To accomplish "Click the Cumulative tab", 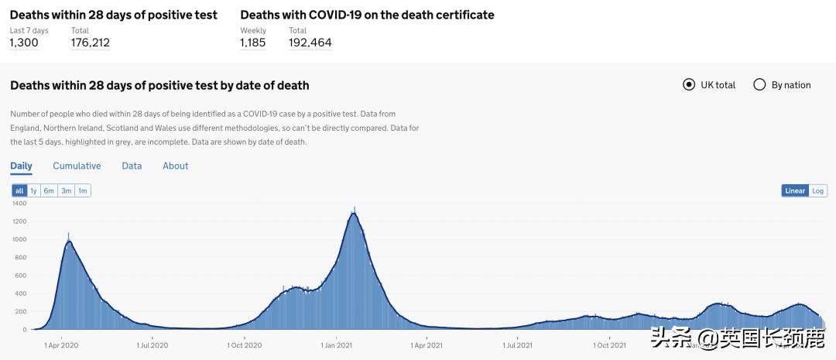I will pos(77,166).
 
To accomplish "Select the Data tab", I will pos(132,166).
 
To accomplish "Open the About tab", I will pos(175,166).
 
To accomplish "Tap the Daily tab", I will pos(21,166).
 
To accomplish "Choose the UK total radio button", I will pos(689,84).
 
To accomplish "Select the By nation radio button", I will pos(759,84).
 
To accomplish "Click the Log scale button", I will pos(818,190).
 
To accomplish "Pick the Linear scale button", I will pos(795,190).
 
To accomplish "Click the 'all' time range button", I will pos(19,190).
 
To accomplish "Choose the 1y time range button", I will pos(34,190).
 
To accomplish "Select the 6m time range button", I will pos(49,190).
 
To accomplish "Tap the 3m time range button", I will pos(67,190).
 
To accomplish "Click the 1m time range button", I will pos(83,190).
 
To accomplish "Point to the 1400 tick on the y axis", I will pos(19,204).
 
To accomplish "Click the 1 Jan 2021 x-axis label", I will pos(338,345).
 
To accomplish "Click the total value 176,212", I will pos(90,43).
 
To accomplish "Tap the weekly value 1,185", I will pos(252,43).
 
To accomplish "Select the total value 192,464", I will pos(310,43).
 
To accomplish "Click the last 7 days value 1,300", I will pos(24,43).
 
